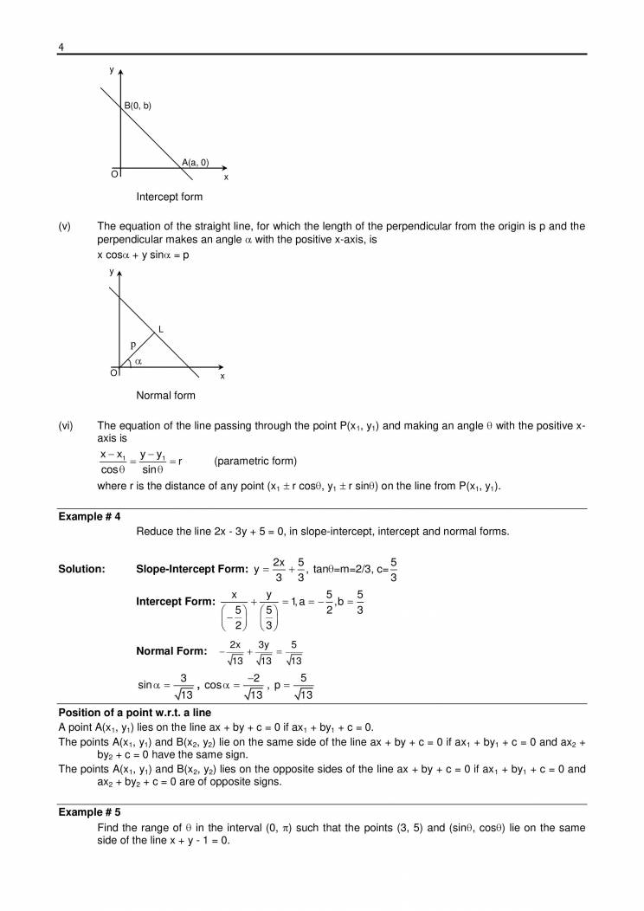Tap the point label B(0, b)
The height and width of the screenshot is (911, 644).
[138, 106]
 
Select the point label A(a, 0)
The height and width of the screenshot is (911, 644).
[195, 162]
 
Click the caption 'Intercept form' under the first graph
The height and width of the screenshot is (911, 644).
[169, 197]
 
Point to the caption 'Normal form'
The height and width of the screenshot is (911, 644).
[165, 396]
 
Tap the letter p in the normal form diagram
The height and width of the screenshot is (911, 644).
[132, 344]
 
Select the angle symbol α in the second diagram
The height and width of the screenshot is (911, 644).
[138, 361]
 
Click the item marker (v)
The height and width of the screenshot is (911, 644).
[64, 226]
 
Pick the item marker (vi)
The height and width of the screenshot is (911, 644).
[65, 425]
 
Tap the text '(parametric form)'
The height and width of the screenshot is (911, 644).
[254, 461]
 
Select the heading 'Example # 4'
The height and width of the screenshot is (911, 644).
[89, 516]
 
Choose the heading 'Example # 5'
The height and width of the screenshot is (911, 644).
[89, 813]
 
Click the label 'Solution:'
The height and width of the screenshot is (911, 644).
[81, 569]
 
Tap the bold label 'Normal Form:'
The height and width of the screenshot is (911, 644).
[171, 651]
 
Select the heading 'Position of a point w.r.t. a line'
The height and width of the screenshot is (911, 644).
[134, 713]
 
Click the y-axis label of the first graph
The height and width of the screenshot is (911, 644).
[112, 67]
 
